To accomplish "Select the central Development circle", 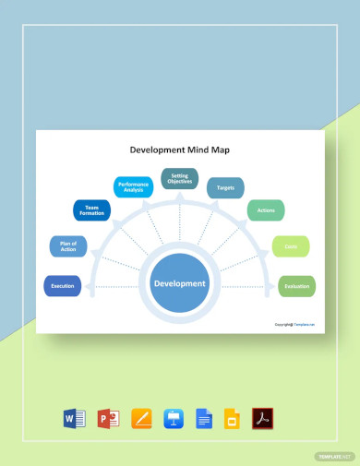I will click(x=180, y=283).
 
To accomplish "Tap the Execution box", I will click(x=62, y=286).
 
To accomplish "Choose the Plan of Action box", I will click(x=68, y=245).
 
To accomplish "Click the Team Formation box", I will click(x=91, y=210).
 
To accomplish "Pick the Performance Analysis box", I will click(x=133, y=186).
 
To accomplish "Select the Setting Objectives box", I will click(x=180, y=178).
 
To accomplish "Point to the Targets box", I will click(x=225, y=187).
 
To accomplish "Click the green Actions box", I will click(x=266, y=210).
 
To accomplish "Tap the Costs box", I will click(x=290, y=246).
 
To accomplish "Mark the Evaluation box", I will click(x=296, y=286).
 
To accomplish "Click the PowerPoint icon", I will click(x=108, y=419).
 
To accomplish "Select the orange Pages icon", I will click(x=141, y=419).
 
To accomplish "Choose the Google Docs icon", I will click(x=204, y=419).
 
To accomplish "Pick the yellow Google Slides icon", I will click(x=234, y=419).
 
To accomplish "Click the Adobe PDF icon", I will click(x=263, y=419).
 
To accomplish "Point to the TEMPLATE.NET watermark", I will click(x=335, y=456).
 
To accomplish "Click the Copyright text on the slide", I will click(x=294, y=324).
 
